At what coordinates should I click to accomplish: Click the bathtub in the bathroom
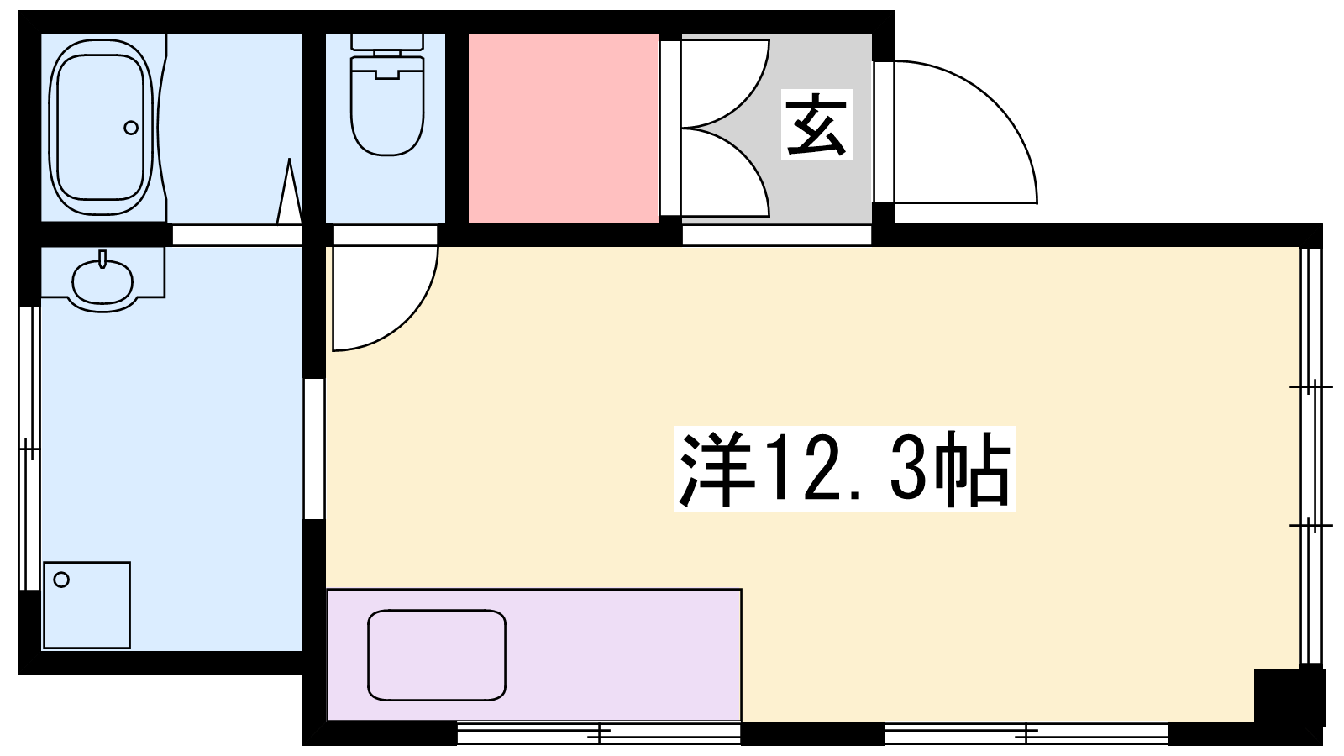101,127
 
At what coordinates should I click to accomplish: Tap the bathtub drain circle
131,128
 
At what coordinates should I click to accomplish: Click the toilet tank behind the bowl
387,42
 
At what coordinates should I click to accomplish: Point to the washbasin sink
102,281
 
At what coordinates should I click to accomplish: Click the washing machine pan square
87,605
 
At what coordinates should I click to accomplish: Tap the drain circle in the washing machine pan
61,580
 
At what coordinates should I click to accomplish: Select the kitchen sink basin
437,655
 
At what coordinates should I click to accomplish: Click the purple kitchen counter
534,654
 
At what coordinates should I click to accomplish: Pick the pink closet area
564,129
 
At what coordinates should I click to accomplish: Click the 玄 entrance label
816,124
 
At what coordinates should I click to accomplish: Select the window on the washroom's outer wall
29,449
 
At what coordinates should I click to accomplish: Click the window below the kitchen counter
599,732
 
